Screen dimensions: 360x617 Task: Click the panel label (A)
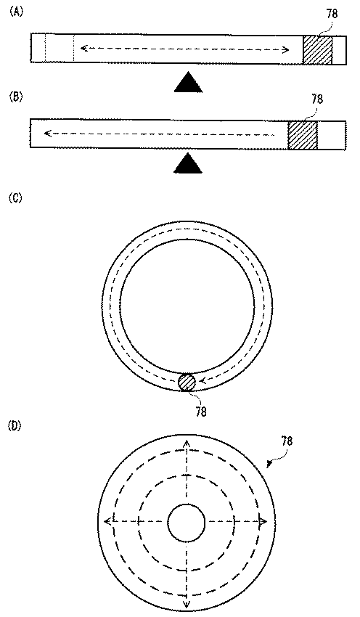[x=16, y=12]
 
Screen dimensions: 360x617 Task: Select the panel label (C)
[x=16, y=198]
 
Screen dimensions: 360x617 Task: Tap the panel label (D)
[x=16, y=426]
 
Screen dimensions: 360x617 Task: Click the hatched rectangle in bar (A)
[x=317, y=49]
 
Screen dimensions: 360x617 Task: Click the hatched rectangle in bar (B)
[x=303, y=135]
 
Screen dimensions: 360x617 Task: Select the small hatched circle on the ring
[x=187, y=382]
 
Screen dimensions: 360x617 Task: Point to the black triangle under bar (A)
[x=189, y=82]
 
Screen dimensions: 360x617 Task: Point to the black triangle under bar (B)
[x=189, y=163]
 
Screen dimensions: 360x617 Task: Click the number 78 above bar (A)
[x=332, y=15]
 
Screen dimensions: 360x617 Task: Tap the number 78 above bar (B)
[x=316, y=99]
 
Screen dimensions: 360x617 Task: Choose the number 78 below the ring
[x=200, y=412]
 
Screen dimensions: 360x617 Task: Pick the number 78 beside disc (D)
[x=287, y=441]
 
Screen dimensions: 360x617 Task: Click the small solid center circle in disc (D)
[x=187, y=522]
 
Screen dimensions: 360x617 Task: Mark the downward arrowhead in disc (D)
[x=187, y=604]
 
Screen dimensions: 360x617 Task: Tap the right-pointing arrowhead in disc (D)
[x=263, y=522]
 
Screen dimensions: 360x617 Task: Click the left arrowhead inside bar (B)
[x=48, y=134]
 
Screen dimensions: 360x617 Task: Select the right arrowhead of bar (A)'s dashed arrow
[x=286, y=49]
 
